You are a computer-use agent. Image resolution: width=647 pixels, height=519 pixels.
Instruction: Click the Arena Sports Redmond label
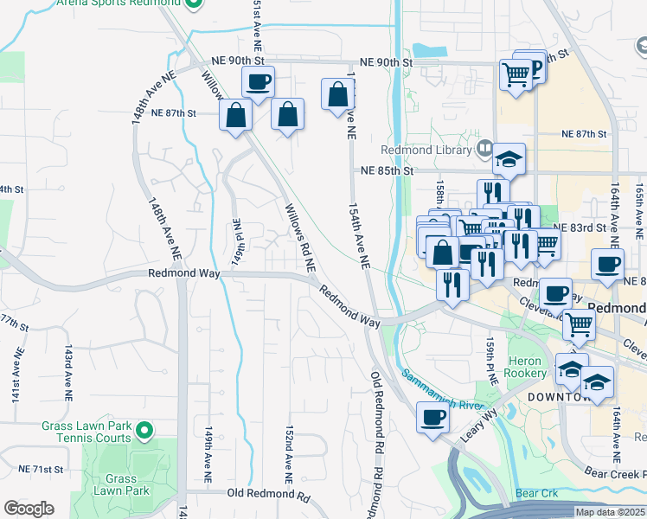coord(117,4)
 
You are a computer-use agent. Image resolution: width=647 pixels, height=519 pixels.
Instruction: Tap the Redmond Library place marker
coord(483,150)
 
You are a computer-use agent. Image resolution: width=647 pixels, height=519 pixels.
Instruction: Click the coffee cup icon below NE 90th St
coord(258,83)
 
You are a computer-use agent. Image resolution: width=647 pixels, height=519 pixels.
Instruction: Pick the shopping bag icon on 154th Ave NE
coord(337,96)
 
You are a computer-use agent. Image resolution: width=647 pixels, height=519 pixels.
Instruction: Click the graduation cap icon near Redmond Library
coord(509,159)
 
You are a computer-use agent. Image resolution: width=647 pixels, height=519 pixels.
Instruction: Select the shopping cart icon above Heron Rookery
coord(579,325)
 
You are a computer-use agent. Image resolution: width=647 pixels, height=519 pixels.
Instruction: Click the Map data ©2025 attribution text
coord(610,512)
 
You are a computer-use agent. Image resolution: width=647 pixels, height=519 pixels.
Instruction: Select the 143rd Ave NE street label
coord(67,373)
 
